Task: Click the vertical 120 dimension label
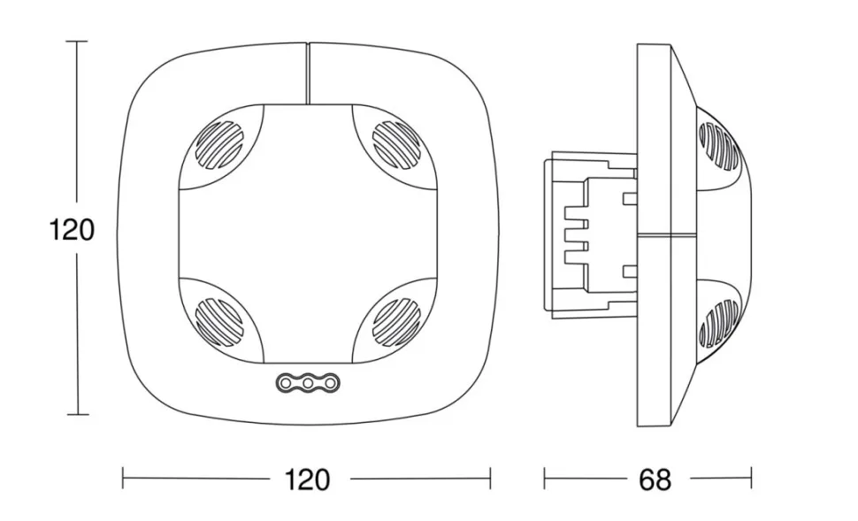pyautogui.click(x=72, y=229)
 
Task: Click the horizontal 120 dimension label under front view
pyautogui.click(x=308, y=479)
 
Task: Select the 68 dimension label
pyautogui.click(x=655, y=479)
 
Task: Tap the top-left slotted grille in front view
pyautogui.click(x=218, y=144)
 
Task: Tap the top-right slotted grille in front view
pyautogui.click(x=396, y=144)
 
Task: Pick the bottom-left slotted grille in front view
pyautogui.click(x=218, y=322)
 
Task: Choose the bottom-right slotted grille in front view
pyautogui.click(x=396, y=322)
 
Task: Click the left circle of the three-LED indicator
pyautogui.click(x=286, y=383)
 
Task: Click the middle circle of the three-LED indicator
pyautogui.click(x=308, y=383)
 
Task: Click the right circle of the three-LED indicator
pyautogui.click(x=330, y=383)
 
